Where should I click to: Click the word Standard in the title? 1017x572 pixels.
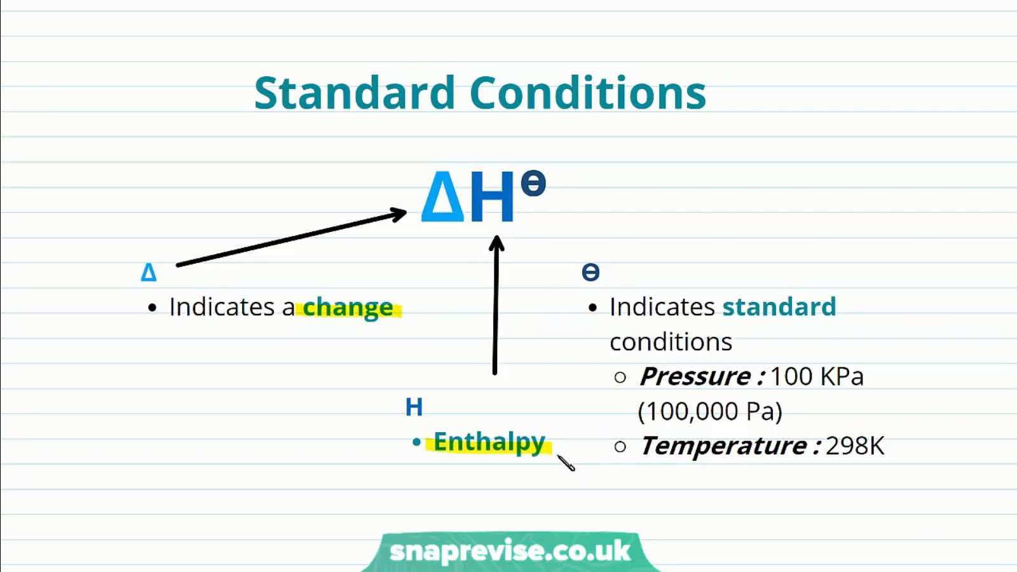coord(355,93)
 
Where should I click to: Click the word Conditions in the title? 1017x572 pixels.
coord(588,93)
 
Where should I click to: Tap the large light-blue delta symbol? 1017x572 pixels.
coord(442,196)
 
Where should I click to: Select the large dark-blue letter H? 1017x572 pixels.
coord(493,196)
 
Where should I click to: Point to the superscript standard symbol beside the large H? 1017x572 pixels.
coord(533,183)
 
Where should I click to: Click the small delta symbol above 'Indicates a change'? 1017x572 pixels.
coord(149,273)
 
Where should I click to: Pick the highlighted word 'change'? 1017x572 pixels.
coord(348,308)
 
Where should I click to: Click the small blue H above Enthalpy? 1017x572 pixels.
coord(414,407)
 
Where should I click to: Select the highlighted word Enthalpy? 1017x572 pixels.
coord(489,442)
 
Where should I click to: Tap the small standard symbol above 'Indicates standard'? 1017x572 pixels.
coord(590,273)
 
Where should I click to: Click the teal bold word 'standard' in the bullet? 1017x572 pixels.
coord(779,306)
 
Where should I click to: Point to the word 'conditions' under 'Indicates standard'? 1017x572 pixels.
coord(671,341)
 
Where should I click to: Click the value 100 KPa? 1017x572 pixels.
coord(817,376)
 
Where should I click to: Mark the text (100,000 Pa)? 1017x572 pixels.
coord(710,411)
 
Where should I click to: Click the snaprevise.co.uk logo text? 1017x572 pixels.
coord(510,550)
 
